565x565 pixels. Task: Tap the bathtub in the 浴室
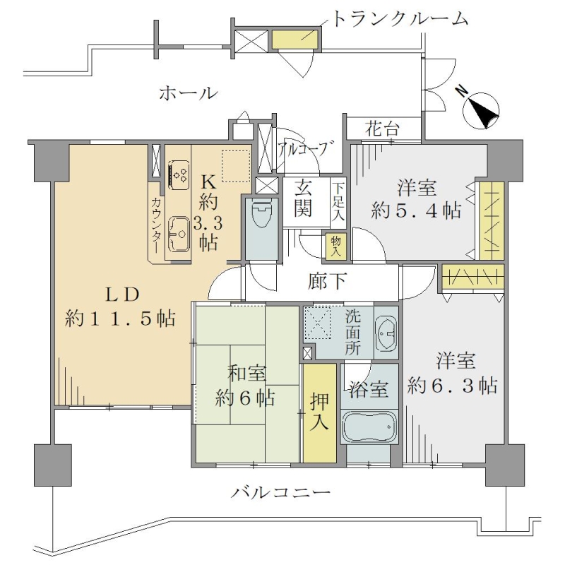coord(369,427)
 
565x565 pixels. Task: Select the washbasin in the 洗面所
coord(386,333)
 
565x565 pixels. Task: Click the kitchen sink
coord(179,234)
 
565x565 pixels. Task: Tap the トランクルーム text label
coord(400,19)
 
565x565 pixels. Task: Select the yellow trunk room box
coord(295,40)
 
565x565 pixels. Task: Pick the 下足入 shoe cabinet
coord(338,202)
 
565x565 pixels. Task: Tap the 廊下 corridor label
coord(328,281)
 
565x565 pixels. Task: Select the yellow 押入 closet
coord(320,413)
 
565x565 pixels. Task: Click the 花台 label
coord(382,129)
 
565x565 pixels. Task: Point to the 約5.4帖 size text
coord(416,210)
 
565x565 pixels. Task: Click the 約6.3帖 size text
coord(453,386)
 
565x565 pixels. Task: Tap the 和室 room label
coord(246,374)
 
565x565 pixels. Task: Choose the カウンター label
coord(156,225)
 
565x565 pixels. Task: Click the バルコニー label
coord(280,492)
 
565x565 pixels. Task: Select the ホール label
coord(189,93)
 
